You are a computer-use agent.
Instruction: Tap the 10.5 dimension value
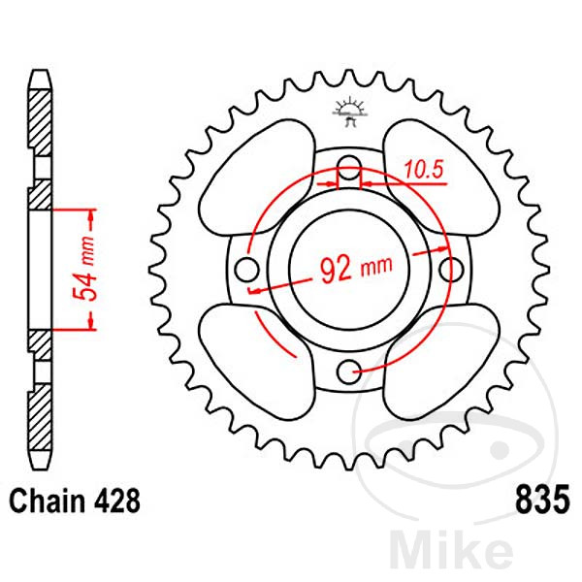[424, 171]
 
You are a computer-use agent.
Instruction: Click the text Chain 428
[76, 502]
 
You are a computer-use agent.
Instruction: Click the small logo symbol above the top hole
[347, 111]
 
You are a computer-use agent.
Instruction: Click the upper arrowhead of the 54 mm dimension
[92, 212]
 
